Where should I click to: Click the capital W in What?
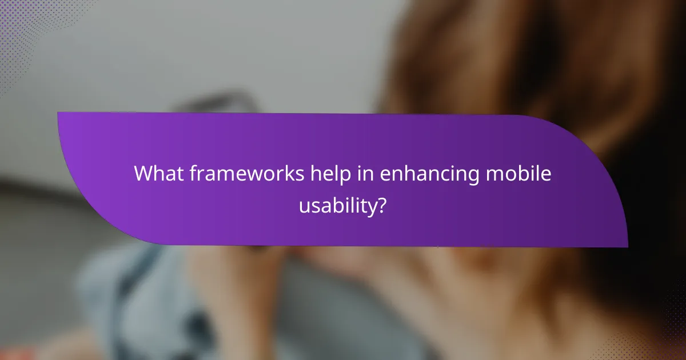coord(143,174)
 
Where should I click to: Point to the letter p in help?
coord(338,177)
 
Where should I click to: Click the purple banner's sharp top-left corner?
coord(59,113)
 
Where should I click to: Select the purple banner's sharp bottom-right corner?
coord(627,246)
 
